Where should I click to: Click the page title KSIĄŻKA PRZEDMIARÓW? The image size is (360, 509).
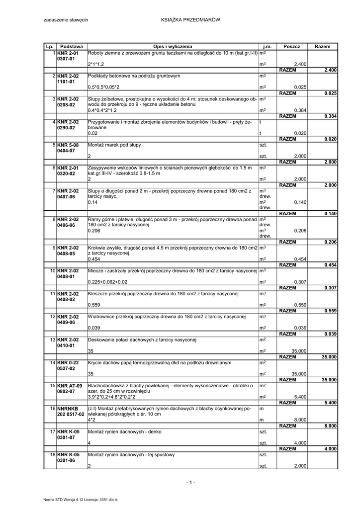click(x=190, y=19)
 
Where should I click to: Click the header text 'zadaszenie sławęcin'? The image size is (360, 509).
click(x=66, y=19)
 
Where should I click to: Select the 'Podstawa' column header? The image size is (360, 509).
click(x=71, y=46)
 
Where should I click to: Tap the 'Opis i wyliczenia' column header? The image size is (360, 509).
click(x=173, y=46)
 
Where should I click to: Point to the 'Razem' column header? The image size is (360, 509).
click(x=322, y=46)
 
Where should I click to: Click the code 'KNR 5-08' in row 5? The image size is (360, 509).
click(x=68, y=145)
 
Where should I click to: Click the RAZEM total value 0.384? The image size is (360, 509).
click(x=330, y=116)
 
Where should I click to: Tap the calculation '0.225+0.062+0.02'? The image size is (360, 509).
click(x=107, y=282)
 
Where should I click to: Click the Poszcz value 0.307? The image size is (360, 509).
click(x=300, y=282)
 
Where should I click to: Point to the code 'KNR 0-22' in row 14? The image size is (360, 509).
click(x=68, y=363)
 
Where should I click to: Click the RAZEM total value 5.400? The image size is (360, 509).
click(x=330, y=403)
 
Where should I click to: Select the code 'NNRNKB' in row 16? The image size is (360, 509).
click(x=68, y=409)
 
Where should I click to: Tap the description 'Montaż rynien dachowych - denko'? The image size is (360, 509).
click(x=124, y=432)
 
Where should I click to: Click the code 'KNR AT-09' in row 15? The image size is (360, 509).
click(x=69, y=386)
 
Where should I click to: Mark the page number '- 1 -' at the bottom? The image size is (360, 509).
click(x=190, y=482)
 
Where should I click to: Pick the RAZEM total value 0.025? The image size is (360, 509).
click(x=330, y=93)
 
